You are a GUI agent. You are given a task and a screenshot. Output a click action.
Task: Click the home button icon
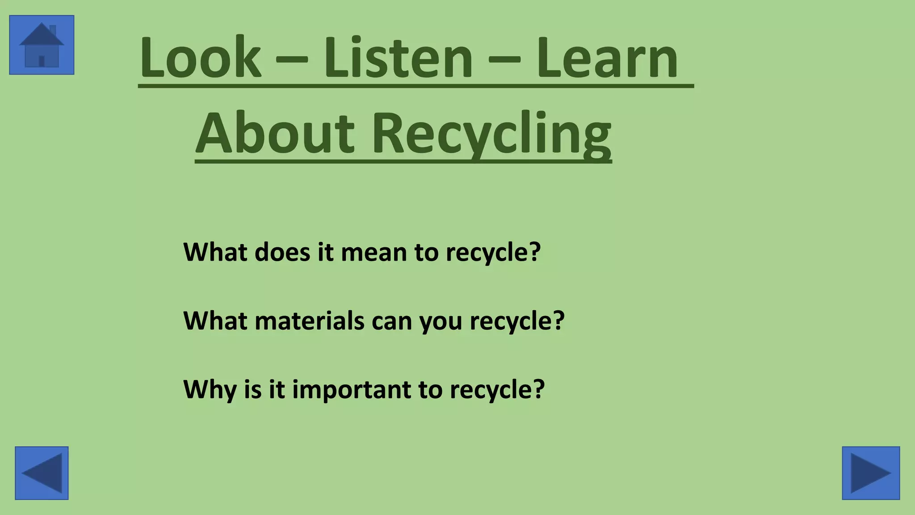pos(42,45)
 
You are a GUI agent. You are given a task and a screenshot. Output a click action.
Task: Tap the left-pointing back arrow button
pos(42,473)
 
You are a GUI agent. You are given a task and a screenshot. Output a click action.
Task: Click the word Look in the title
pos(200,58)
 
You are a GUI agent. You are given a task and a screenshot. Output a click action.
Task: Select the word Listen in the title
pos(398,58)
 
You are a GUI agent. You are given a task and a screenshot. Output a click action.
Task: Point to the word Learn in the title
pos(607,58)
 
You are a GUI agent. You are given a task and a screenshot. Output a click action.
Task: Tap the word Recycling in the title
pos(491,134)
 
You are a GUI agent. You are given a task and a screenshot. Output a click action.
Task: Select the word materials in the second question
pos(309,321)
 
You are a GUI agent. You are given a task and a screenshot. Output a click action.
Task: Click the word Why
pos(210,390)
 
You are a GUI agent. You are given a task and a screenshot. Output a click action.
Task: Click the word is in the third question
pos(253,389)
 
